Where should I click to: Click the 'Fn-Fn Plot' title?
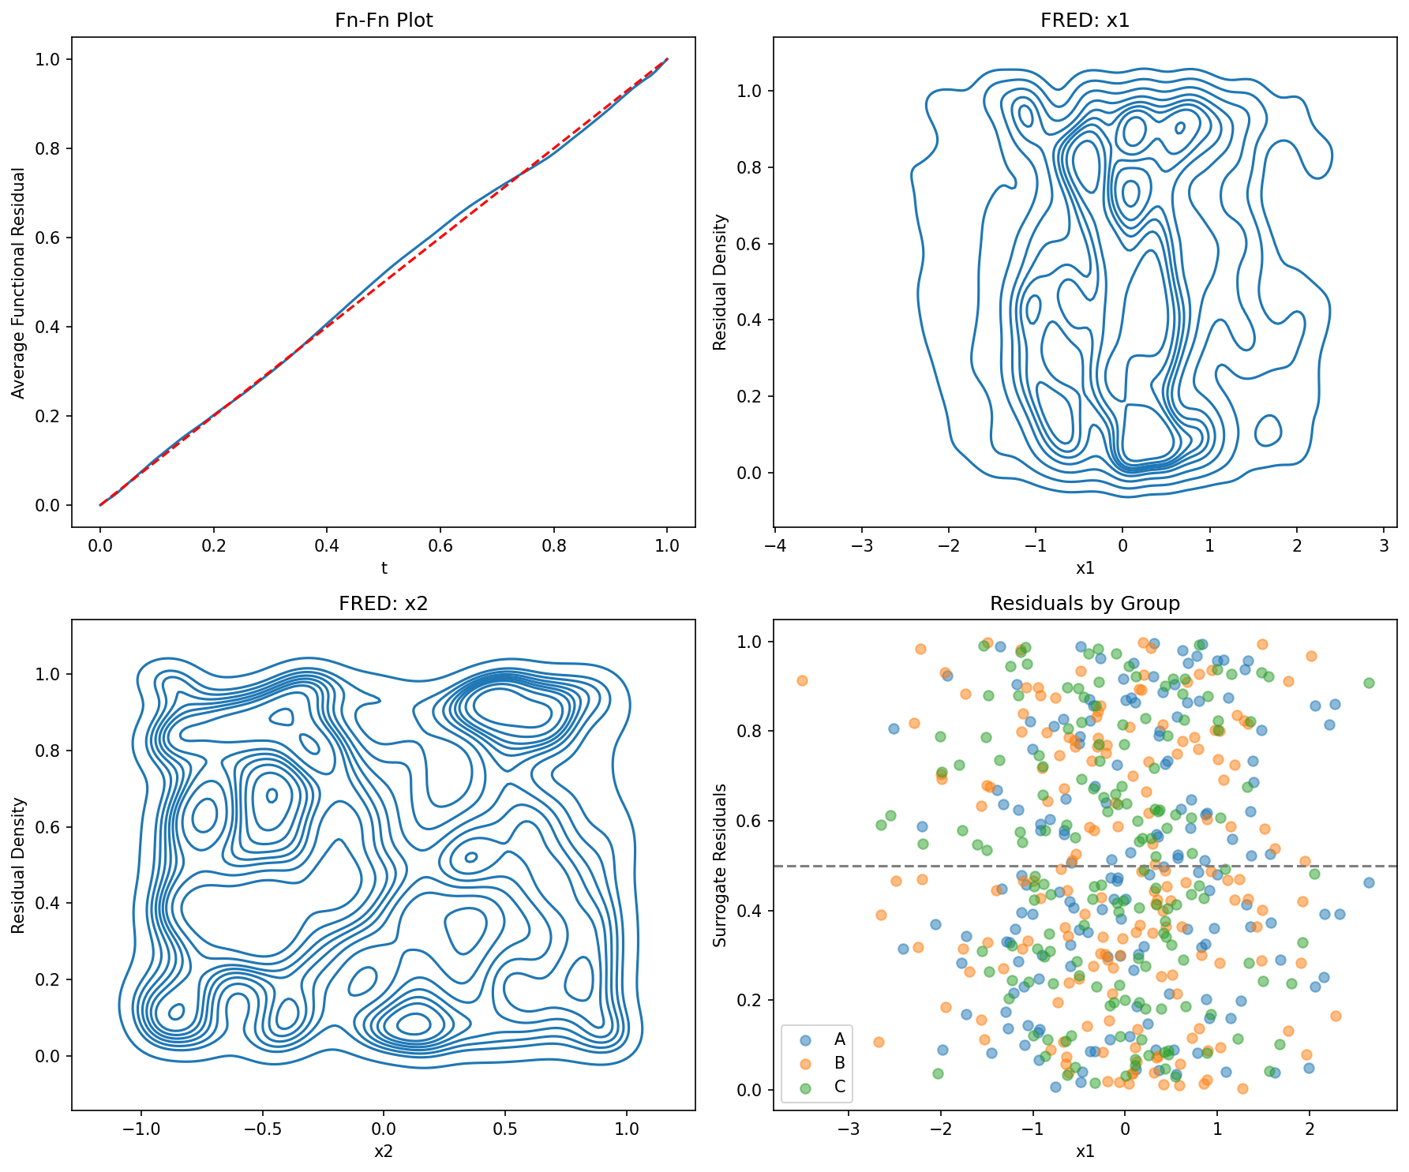click(x=384, y=21)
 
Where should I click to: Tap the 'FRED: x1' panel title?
click(x=1085, y=21)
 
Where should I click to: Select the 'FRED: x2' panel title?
click(x=384, y=604)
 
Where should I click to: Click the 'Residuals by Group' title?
click(x=1085, y=604)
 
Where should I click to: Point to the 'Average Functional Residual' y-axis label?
click(x=18, y=282)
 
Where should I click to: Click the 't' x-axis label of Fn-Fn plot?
click(x=384, y=567)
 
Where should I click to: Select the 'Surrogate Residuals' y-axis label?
click(x=720, y=866)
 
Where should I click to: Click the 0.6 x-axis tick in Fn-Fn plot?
click(x=440, y=545)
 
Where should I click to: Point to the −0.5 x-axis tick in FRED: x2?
click(x=262, y=1129)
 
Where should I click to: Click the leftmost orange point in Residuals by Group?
click(x=802, y=680)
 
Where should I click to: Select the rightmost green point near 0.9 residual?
click(x=1369, y=683)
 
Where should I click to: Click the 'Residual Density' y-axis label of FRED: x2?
click(x=18, y=866)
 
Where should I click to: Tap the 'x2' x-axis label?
click(x=384, y=1151)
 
